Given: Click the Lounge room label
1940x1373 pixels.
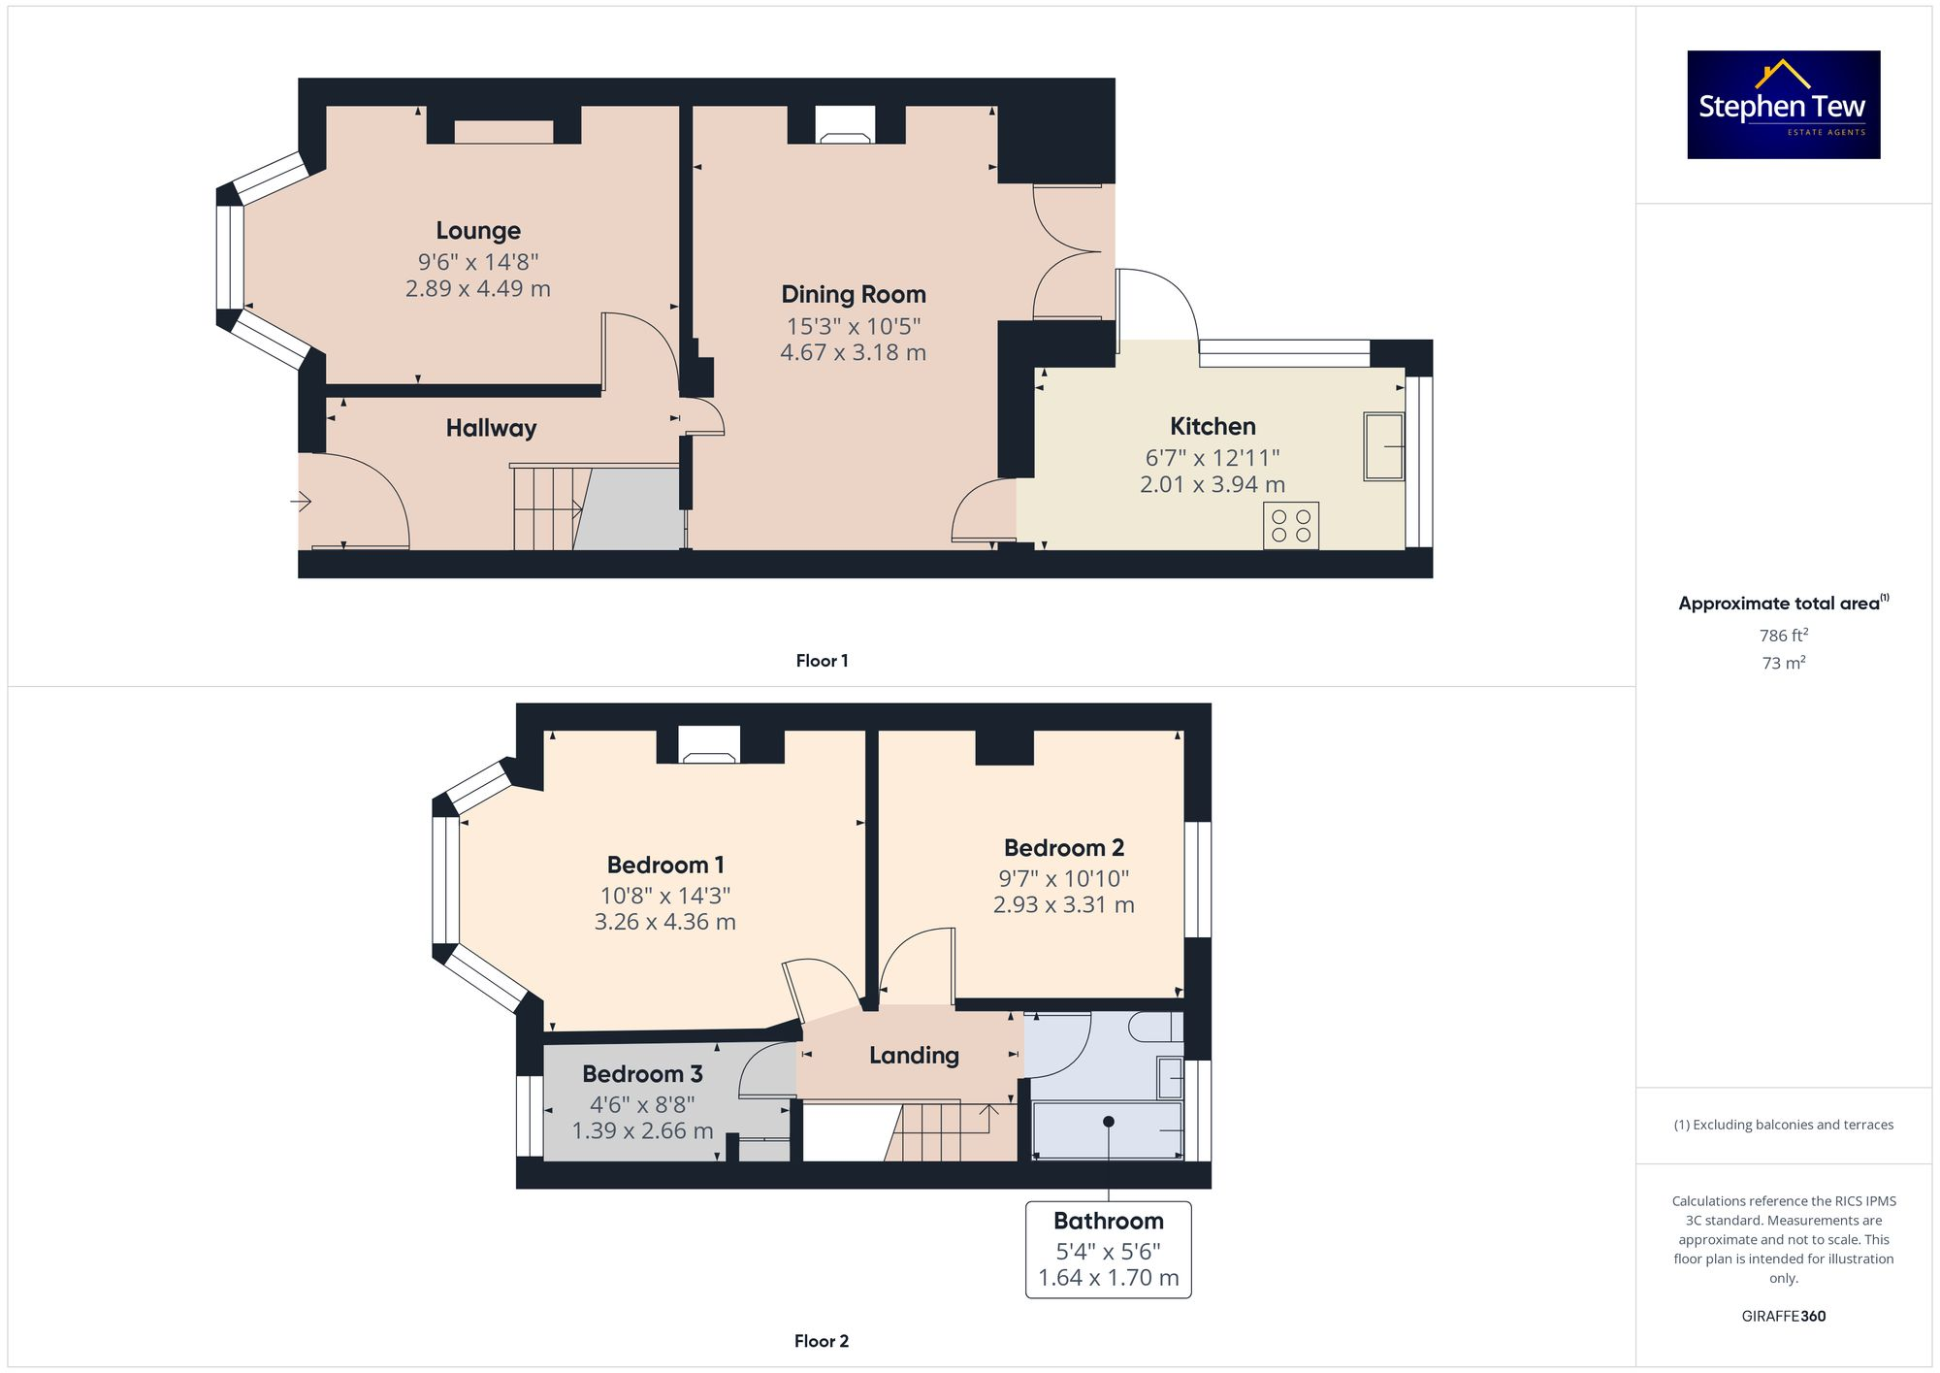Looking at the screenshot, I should tap(478, 231).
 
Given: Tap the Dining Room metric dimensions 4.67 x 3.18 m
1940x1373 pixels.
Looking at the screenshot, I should tap(853, 352).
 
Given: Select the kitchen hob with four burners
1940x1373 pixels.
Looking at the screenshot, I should tap(1290, 526).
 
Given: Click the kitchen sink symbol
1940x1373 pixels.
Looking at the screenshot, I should tap(1383, 446).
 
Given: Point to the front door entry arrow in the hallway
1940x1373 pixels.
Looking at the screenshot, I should tap(301, 502).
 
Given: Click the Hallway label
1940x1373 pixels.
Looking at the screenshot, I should tap(491, 428).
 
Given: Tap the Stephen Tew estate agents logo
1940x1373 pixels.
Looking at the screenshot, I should tap(1783, 105).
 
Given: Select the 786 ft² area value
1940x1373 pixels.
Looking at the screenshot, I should tap(1783, 636).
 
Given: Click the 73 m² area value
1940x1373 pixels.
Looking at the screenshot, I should tap(1783, 664).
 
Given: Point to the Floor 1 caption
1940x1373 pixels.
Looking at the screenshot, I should tap(822, 661).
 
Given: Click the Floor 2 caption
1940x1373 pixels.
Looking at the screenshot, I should tap(821, 1341).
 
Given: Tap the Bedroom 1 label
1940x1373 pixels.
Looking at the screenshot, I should tap(665, 865).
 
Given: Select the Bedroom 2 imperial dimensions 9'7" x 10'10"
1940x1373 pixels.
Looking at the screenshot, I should tap(1063, 878).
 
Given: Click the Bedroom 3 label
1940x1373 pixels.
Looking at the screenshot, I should tap(642, 1074).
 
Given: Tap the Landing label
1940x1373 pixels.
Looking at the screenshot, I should tap(914, 1056).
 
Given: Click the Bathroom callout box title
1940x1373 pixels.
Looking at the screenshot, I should tap(1108, 1221).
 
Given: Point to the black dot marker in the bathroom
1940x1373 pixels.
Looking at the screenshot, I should tap(1109, 1122).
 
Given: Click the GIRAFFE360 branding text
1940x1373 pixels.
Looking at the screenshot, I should tap(1783, 1317).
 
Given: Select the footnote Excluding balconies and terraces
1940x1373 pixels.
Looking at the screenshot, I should tap(1783, 1125).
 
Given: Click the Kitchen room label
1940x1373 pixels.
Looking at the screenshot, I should tap(1212, 426).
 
